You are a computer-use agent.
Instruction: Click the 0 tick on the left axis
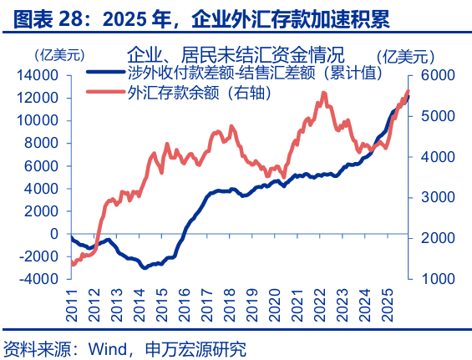pyautogui.click(x=53, y=234)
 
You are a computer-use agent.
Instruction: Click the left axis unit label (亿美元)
pyautogui.click(x=59, y=56)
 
